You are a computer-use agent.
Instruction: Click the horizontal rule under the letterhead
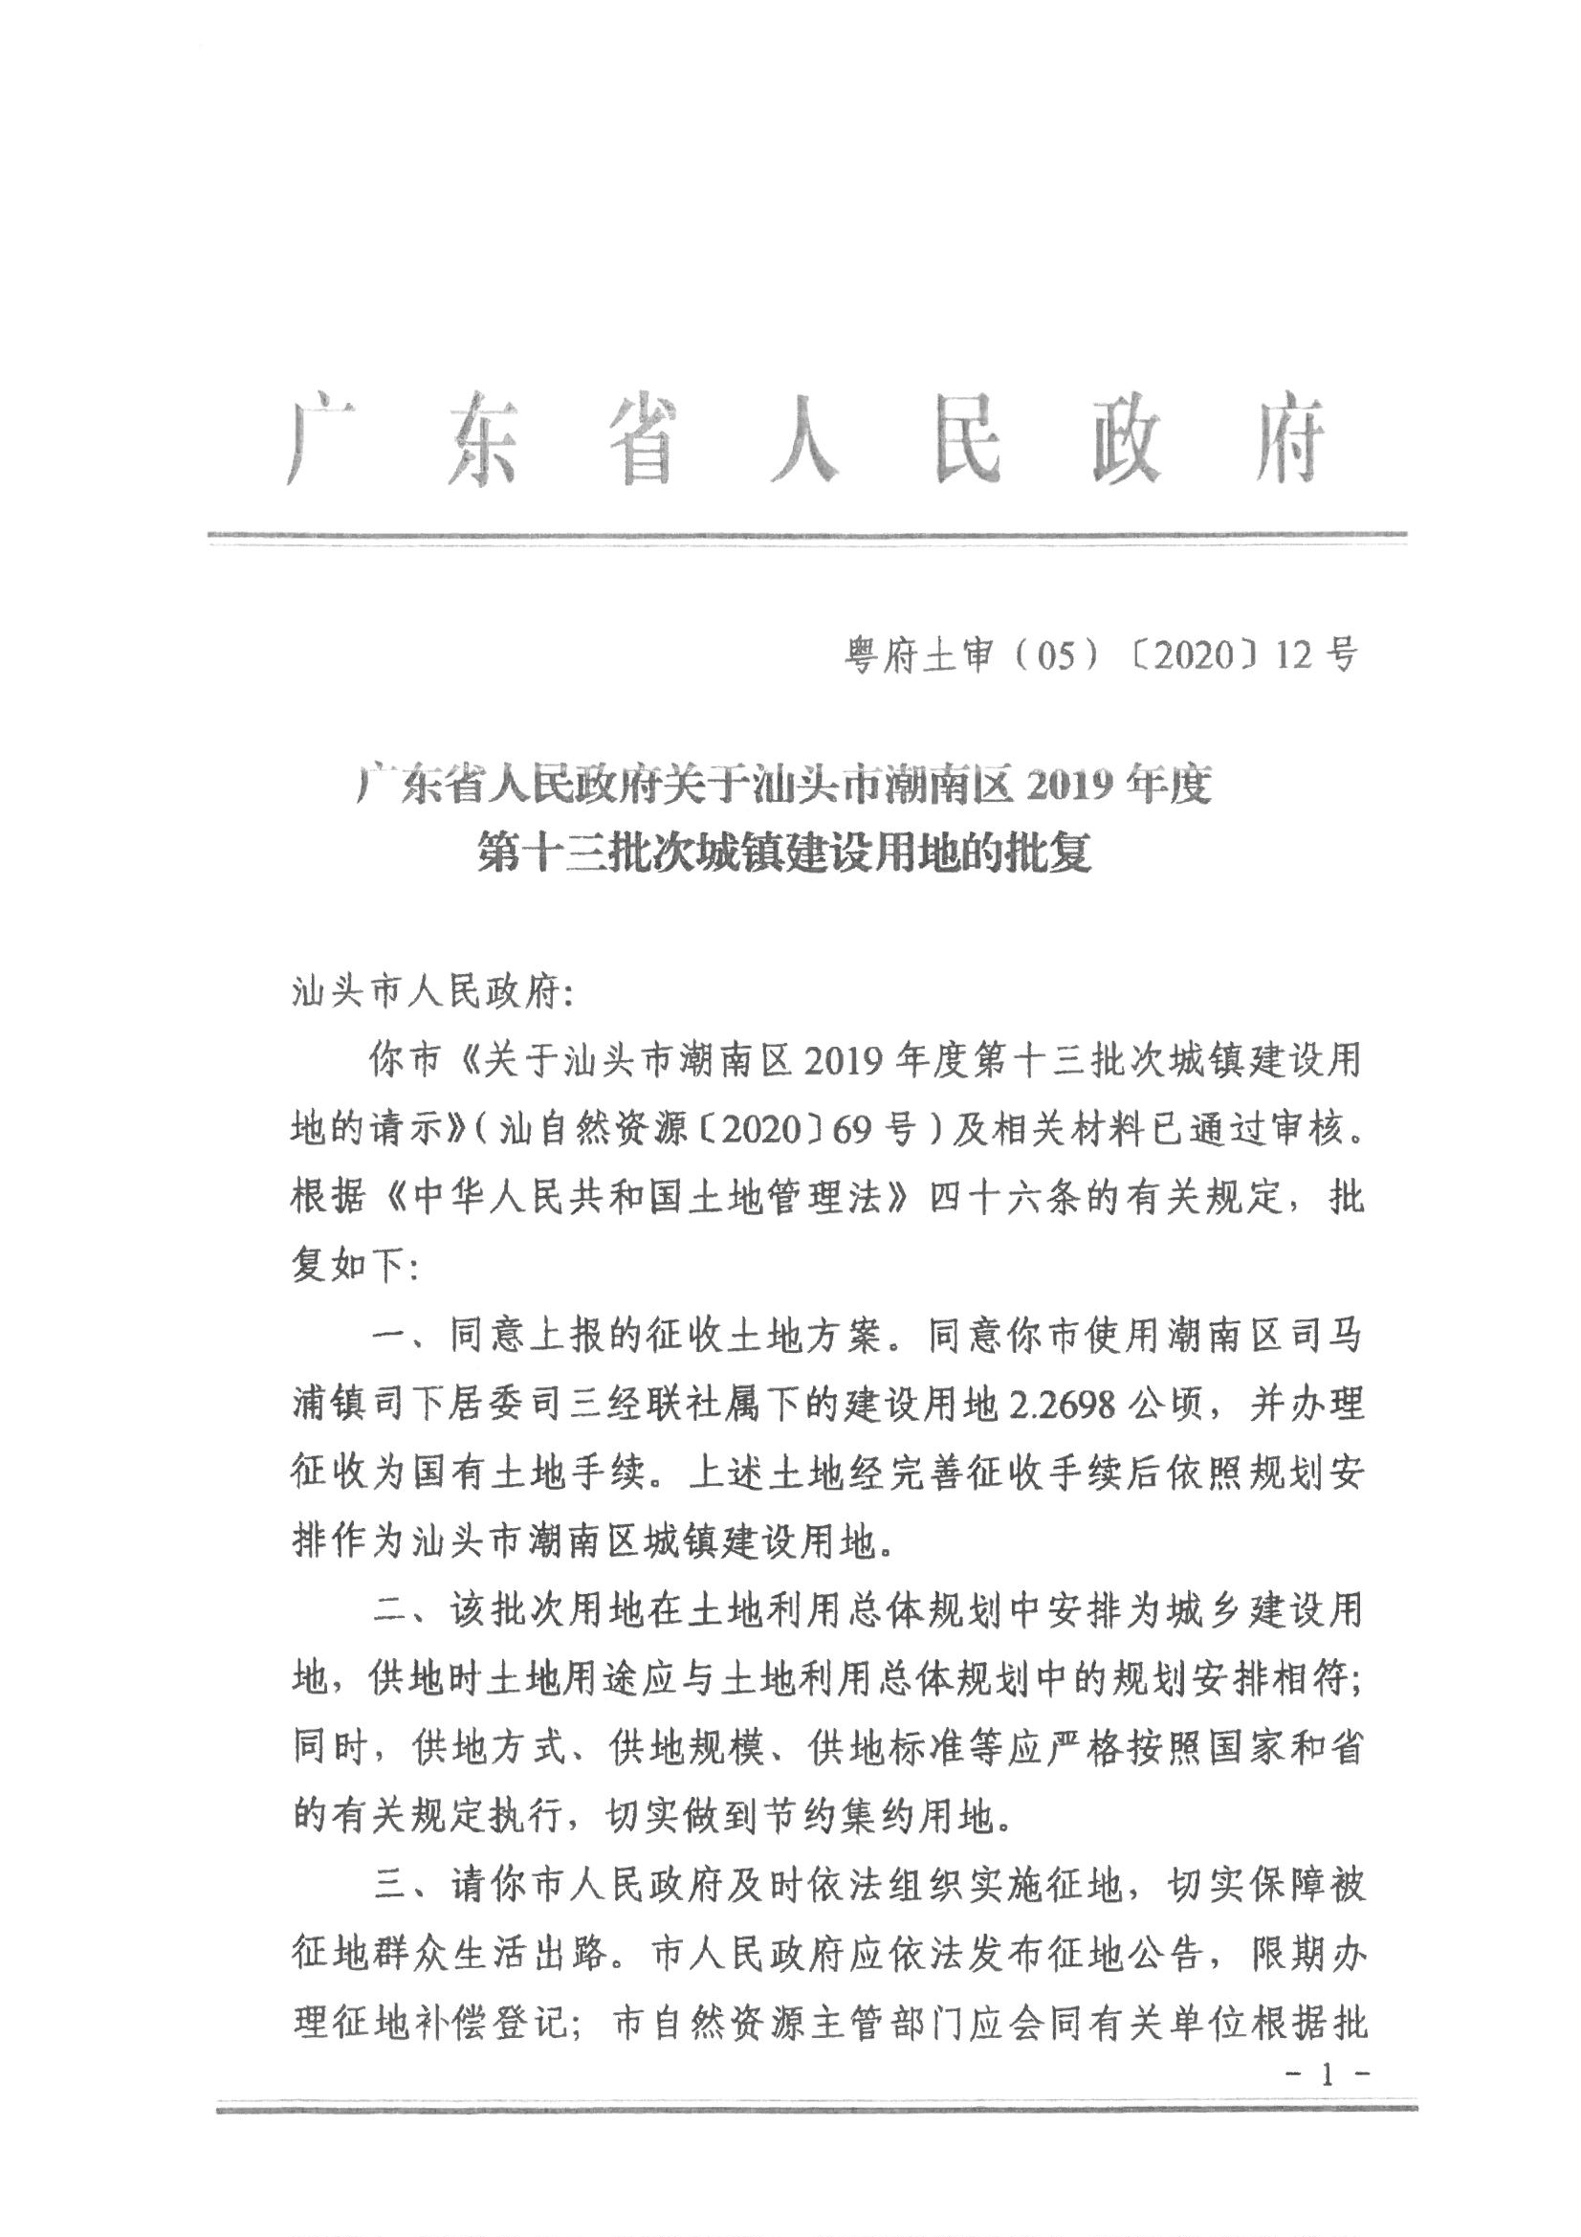point(807,535)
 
